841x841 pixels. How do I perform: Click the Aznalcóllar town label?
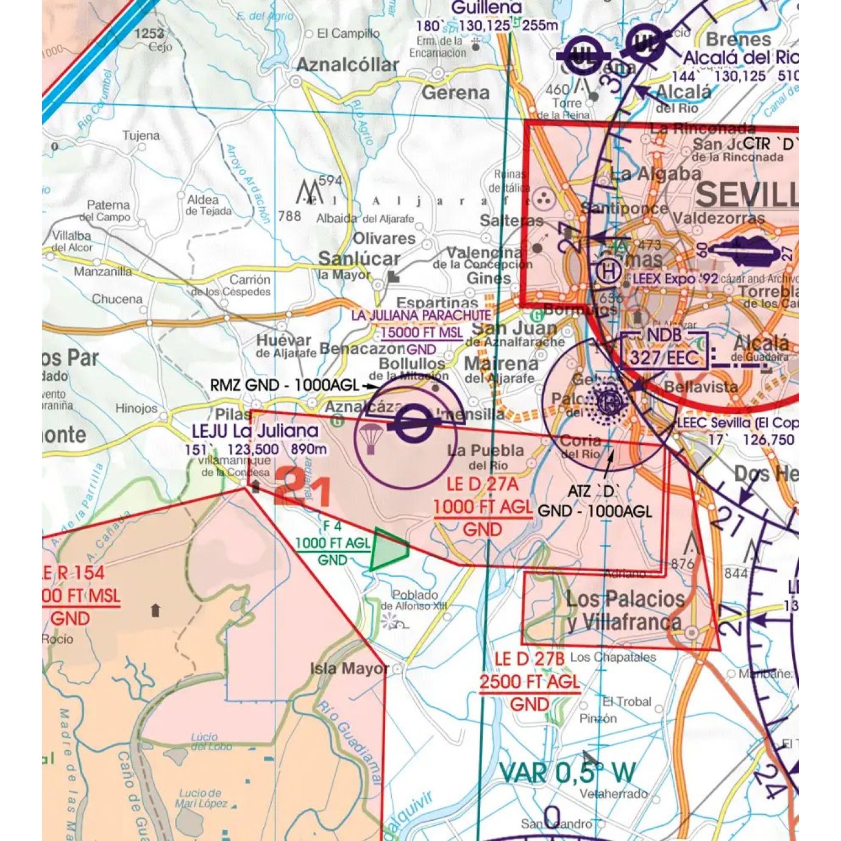coord(347,65)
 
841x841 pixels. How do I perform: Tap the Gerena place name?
coord(455,93)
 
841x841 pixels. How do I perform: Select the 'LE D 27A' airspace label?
coord(482,485)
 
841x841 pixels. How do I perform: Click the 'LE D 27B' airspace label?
coord(529,659)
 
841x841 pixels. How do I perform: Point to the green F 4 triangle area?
coord(387,549)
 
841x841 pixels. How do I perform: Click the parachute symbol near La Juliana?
coord(371,438)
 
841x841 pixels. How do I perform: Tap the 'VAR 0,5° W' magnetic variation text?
coord(567,773)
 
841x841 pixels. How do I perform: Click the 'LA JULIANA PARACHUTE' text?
coord(421,315)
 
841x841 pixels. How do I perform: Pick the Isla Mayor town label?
coord(349,669)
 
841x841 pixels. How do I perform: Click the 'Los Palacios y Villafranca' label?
coord(624,610)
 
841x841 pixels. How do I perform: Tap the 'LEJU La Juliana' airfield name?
coord(255,431)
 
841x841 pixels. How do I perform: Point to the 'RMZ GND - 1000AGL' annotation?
coord(285,385)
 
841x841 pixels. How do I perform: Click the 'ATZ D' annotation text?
coord(594,491)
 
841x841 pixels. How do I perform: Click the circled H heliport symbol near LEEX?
coord(608,271)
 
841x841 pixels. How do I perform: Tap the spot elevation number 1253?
coord(149,34)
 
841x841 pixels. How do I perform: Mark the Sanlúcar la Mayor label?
coord(358,265)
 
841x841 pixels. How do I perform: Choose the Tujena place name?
coord(141,135)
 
